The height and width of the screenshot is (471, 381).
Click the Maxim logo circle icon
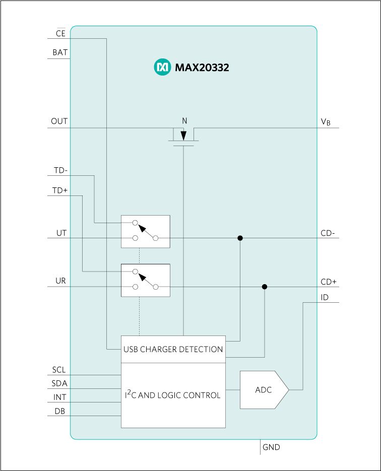162,67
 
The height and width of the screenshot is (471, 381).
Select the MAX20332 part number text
202,68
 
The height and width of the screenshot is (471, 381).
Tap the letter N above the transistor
184,121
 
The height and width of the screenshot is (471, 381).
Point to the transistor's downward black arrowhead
183,135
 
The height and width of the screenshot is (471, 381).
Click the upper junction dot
240,238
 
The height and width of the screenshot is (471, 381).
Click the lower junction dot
265,287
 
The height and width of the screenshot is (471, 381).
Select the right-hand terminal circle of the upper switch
156,238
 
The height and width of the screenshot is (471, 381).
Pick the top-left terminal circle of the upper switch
135,222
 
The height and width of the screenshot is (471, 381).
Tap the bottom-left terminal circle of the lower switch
135,287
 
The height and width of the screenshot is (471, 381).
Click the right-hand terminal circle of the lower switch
156,287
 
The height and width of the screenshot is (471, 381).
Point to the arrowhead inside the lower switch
143,277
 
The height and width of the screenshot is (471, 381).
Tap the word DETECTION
203,349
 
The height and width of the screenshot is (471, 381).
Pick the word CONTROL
203,395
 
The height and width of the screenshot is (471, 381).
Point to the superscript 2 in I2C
129,392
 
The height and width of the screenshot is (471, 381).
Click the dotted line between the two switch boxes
139,256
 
